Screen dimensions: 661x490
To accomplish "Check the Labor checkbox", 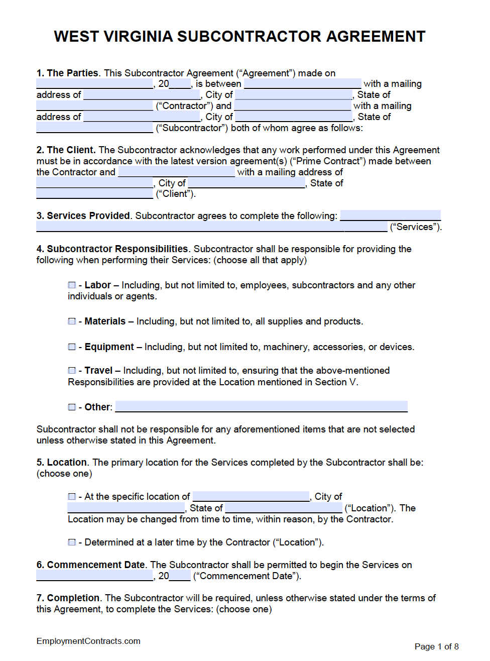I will click(x=72, y=285).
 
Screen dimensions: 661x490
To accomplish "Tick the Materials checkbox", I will click(x=72, y=321).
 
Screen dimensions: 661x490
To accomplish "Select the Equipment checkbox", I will click(x=72, y=347).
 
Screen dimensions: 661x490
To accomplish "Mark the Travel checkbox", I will click(x=72, y=371).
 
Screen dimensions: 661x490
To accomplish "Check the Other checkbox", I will click(x=72, y=407).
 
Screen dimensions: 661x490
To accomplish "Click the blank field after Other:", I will click(x=261, y=407).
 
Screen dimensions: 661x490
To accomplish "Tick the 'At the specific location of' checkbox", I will click(x=72, y=497).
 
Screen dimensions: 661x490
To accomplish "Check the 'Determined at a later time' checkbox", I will click(x=72, y=542).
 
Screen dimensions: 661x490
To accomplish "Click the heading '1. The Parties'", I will click(x=67, y=73).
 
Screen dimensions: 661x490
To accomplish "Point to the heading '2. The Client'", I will click(x=66, y=150).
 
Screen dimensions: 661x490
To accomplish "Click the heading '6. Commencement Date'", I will click(x=91, y=565).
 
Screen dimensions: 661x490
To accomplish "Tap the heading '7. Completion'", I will click(x=68, y=598).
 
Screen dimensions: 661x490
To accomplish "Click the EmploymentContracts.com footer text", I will click(x=88, y=641).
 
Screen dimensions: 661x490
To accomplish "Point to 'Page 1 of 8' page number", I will click(x=436, y=647).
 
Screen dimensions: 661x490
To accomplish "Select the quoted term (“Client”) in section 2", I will click(x=175, y=194).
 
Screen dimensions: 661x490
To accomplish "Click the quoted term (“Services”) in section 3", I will click(x=416, y=227).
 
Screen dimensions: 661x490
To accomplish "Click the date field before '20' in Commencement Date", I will click(x=94, y=576).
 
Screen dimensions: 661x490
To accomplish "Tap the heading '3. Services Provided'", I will click(x=83, y=216).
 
